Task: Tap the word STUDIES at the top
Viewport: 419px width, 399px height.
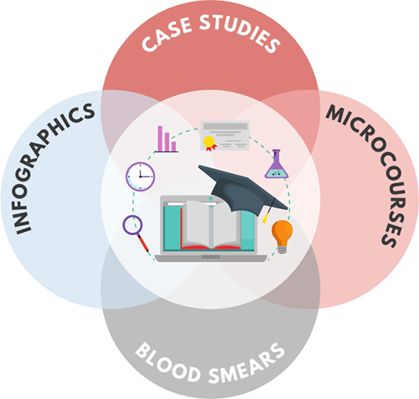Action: [240, 33]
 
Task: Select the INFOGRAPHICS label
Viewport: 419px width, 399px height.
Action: [54, 168]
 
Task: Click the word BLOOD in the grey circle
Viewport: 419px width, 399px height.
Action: [168, 362]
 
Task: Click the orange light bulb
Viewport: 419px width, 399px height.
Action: [282, 237]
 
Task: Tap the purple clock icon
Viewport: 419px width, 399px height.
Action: [140, 176]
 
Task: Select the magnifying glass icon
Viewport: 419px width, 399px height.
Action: [136, 233]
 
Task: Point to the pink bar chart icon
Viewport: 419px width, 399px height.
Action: [167, 139]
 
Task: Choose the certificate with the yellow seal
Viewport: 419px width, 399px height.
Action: [225, 136]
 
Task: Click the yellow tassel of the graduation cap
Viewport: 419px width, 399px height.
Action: [266, 217]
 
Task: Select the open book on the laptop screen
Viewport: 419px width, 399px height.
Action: [210, 225]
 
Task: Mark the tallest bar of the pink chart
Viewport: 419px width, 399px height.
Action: [160, 139]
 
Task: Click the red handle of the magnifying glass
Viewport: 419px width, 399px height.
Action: [143, 243]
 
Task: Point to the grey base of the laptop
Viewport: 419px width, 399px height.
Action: [211, 258]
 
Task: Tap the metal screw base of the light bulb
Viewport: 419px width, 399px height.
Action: [282, 249]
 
